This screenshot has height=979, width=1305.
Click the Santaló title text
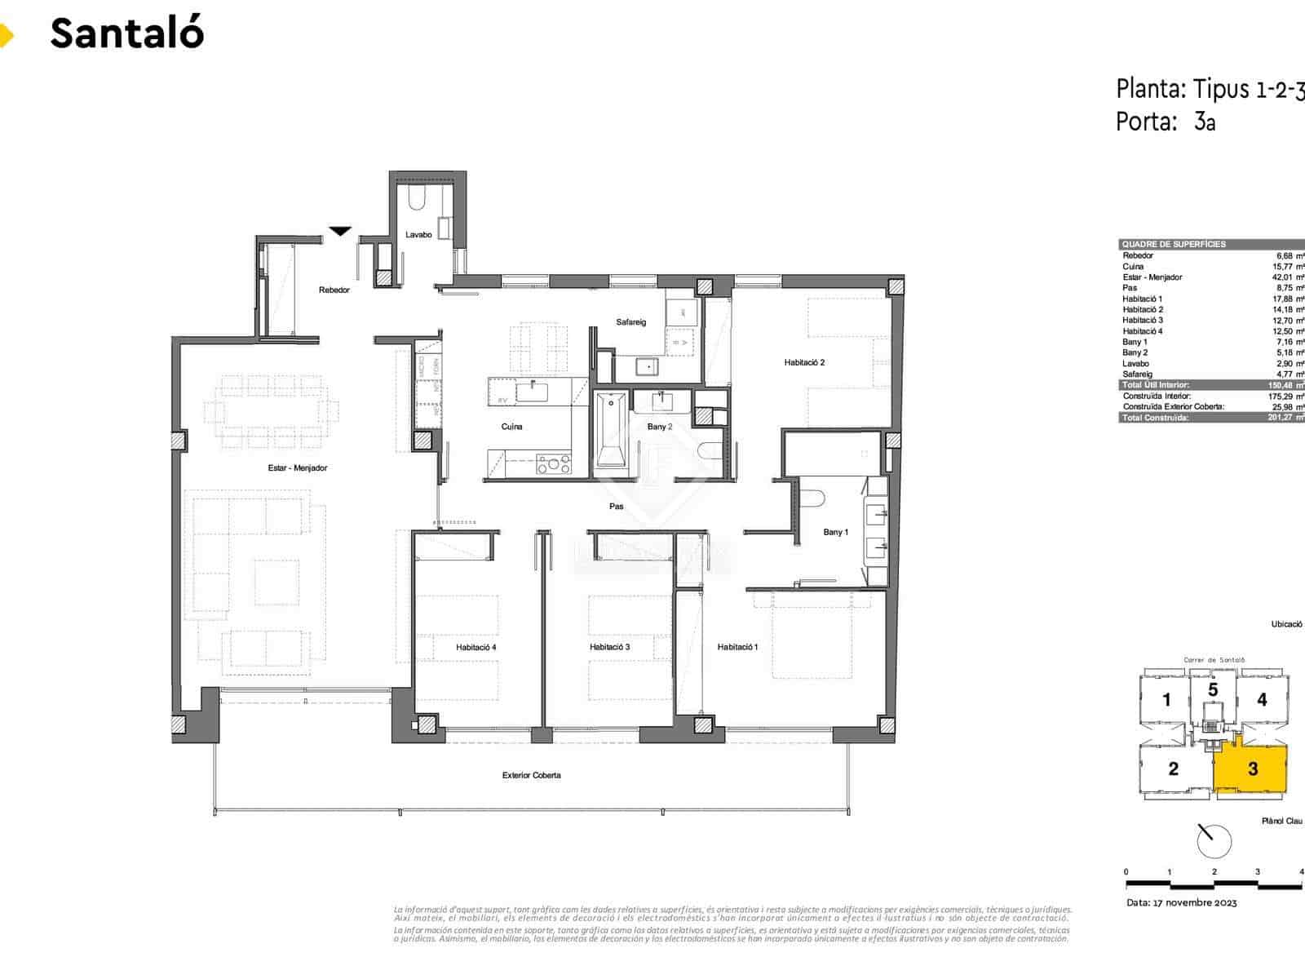point(126,33)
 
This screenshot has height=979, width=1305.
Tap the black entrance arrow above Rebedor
point(340,232)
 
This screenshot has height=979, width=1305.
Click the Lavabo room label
point(418,235)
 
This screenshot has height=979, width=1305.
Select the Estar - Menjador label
point(297,468)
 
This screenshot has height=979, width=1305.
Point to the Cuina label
point(511,427)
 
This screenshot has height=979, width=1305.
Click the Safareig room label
point(630,322)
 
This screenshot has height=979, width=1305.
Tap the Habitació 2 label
point(804,362)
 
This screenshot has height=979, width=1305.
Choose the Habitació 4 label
point(476,647)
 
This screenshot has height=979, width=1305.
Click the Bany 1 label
point(835,532)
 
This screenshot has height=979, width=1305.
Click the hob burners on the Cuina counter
point(554,464)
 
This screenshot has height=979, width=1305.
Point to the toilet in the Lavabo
point(415,199)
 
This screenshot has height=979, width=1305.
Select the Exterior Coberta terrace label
point(531,775)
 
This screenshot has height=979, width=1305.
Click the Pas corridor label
point(617,507)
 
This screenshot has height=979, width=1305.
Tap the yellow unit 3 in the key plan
point(1252,769)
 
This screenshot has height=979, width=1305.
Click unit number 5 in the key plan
point(1213,690)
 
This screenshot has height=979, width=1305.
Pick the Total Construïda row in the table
point(1211,418)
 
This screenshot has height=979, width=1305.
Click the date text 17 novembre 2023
point(1182,902)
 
